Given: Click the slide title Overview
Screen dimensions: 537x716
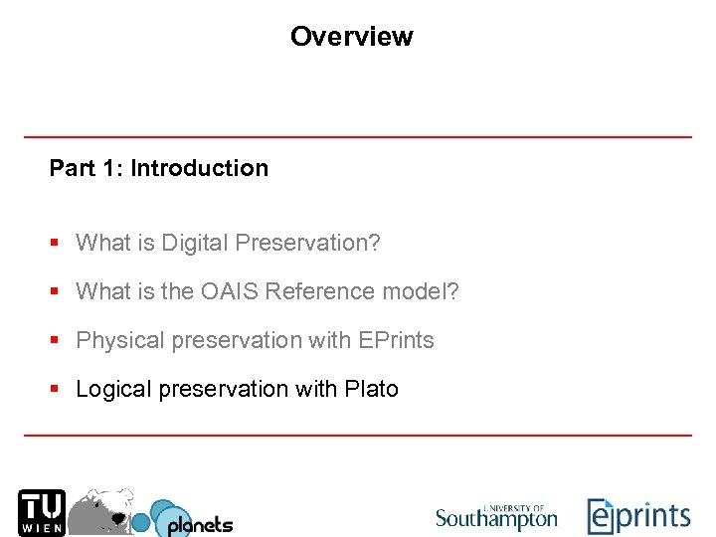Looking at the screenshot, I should (351, 37).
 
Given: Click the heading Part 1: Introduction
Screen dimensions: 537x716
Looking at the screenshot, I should (159, 168).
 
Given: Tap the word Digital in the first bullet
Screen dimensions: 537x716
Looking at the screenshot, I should (197, 243).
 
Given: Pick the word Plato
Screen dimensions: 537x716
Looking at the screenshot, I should (371, 389).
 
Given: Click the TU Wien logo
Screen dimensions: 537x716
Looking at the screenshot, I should (41, 512).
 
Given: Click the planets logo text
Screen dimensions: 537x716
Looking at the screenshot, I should (199, 523).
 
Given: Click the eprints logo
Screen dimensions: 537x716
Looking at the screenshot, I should (638, 516).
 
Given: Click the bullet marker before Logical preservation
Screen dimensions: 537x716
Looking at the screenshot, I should (57, 390).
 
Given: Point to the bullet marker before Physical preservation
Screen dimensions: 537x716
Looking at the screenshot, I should (57, 341).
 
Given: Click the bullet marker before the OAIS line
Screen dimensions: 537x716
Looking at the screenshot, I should (57, 292).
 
